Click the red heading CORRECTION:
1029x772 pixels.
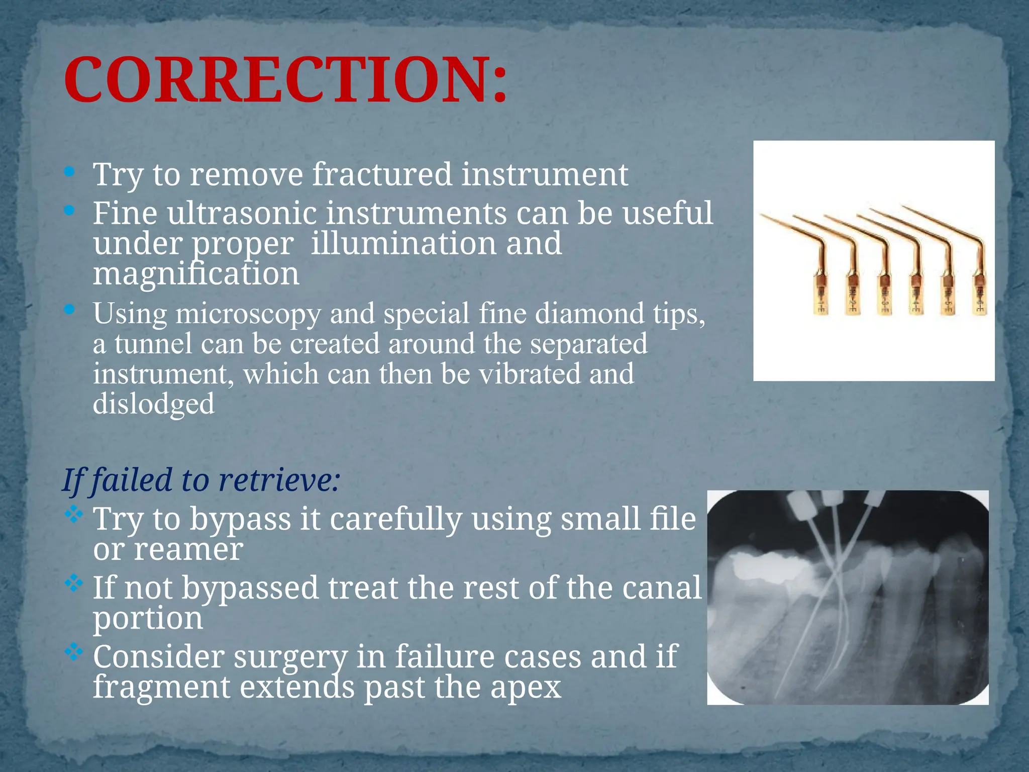pos(285,80)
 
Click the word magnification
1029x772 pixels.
pos(196,274)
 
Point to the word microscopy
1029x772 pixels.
pos(248,315)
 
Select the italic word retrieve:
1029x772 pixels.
pos(279,480)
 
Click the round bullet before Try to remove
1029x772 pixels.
pos(70,172)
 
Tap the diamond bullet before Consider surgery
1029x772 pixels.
pos(73,652)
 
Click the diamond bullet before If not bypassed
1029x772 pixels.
pos(73,583)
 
